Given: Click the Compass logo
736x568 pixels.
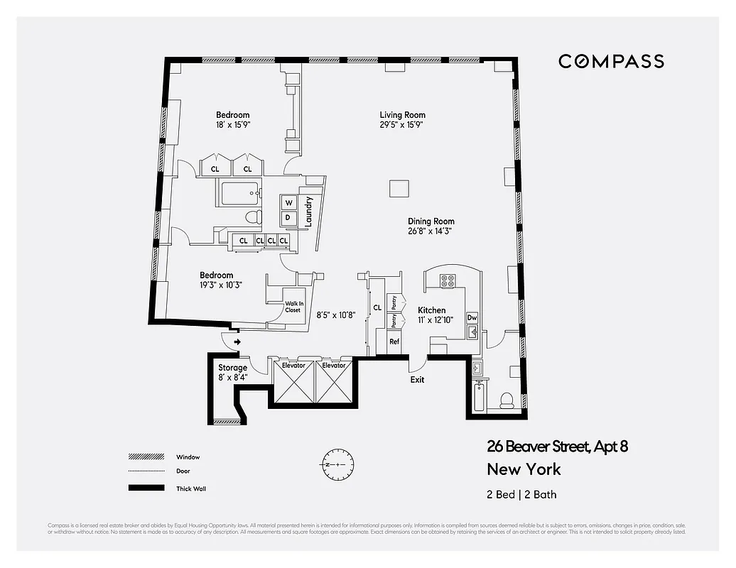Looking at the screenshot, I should (x=611, y=61).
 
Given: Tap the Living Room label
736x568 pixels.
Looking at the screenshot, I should (x=402, y=115).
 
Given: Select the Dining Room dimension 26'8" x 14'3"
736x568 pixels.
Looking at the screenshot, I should (x=431, y=231).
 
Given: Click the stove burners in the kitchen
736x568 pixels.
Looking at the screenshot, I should (x=448, y=281).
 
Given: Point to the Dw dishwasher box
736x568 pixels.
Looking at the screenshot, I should (x=472, y=317).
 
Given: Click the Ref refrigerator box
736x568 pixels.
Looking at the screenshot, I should (x=394, y=342).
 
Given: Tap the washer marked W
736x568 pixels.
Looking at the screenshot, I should (x=289, y=203).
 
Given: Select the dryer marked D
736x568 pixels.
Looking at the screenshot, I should (x=288, y=217).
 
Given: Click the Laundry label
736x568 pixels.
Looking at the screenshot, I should (x=309, y=212).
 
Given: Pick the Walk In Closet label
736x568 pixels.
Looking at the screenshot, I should (x=293, y=306).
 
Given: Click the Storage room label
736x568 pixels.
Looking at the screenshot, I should (x=233, y=368).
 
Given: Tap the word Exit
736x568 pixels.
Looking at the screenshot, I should (x=418, y=380).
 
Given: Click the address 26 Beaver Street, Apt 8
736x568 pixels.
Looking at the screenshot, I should (x=557, y=447).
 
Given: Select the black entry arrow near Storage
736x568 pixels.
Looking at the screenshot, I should (x=237, y=342).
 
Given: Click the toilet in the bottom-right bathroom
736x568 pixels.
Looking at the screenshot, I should (x=507, y=400).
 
